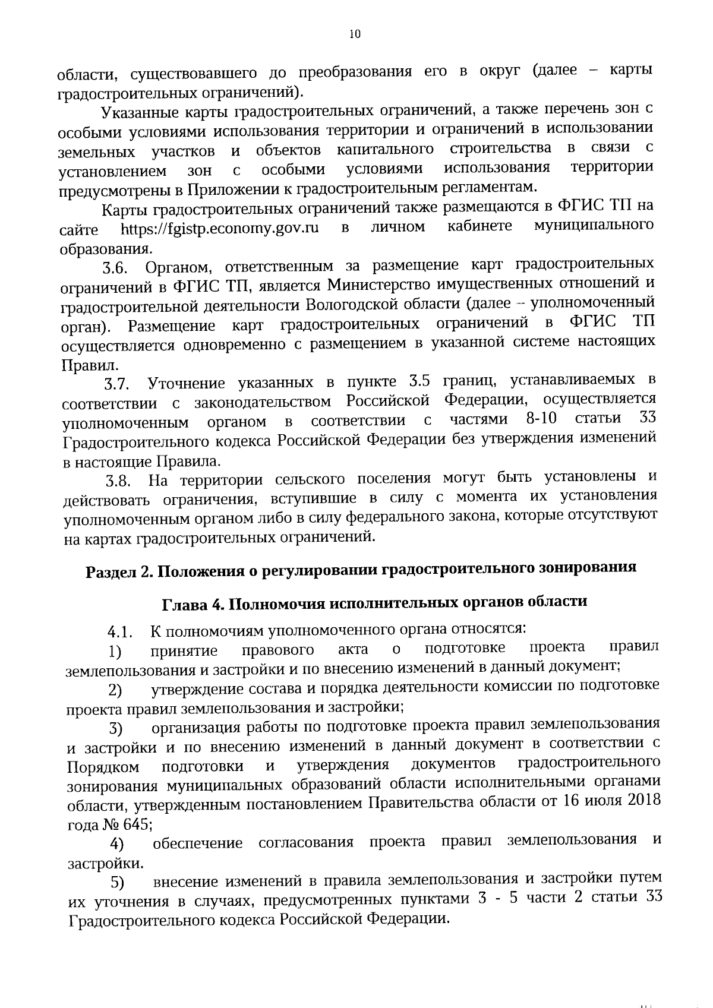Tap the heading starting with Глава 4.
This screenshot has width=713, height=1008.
pyautogui.click(x=374, y=602)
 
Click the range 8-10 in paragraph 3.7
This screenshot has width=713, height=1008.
pyautogui.click(x=541, y=419)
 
